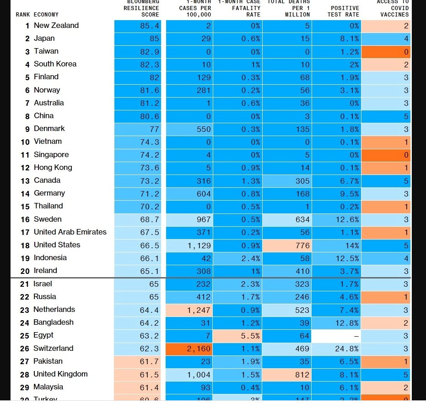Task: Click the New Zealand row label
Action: [56, 26]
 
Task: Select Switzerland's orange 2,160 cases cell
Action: [189, 349]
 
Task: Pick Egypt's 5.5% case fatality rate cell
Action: [237, 336]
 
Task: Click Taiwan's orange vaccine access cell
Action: [386, 52]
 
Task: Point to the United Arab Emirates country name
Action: [70, 232]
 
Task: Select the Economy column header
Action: [46, 15]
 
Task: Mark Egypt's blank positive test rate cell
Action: [337, 336]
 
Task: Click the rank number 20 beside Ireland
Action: [25, 271]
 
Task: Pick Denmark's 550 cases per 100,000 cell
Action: [189, 129]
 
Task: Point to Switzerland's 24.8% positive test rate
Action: [337, 349]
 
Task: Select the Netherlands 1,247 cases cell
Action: [189, 310]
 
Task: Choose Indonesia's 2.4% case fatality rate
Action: [237, 258]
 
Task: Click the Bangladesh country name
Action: [53, 322]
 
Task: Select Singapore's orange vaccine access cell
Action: [386, 155]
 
